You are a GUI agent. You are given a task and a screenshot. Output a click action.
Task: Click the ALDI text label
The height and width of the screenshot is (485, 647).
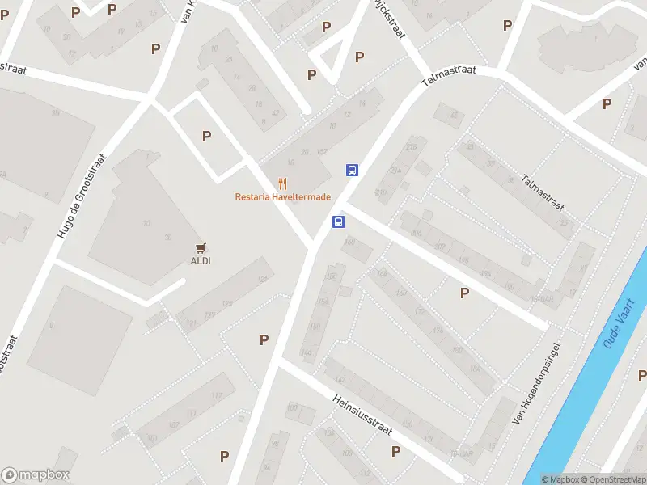click(201, 260)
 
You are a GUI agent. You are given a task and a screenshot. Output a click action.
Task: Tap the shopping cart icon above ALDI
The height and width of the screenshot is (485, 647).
click(201, 247)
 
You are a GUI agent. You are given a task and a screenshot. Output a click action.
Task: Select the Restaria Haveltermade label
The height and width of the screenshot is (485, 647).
click(283, 196)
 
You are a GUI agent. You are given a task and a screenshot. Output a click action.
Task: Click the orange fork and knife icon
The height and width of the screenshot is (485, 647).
click(282, 183)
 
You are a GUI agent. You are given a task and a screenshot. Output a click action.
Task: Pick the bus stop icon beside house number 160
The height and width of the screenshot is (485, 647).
click(339, 221)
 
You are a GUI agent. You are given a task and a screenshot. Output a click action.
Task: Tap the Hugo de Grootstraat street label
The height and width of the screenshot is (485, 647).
click(78, 197)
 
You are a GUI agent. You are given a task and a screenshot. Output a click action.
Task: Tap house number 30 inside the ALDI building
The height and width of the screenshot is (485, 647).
click(167, 237)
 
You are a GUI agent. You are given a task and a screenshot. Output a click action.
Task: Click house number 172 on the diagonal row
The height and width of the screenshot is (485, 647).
click(418, 311)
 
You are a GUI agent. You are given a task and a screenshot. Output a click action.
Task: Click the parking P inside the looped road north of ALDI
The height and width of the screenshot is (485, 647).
click(206, 137)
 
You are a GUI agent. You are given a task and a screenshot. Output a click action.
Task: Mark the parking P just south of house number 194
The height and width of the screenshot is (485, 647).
click(464, 293)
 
